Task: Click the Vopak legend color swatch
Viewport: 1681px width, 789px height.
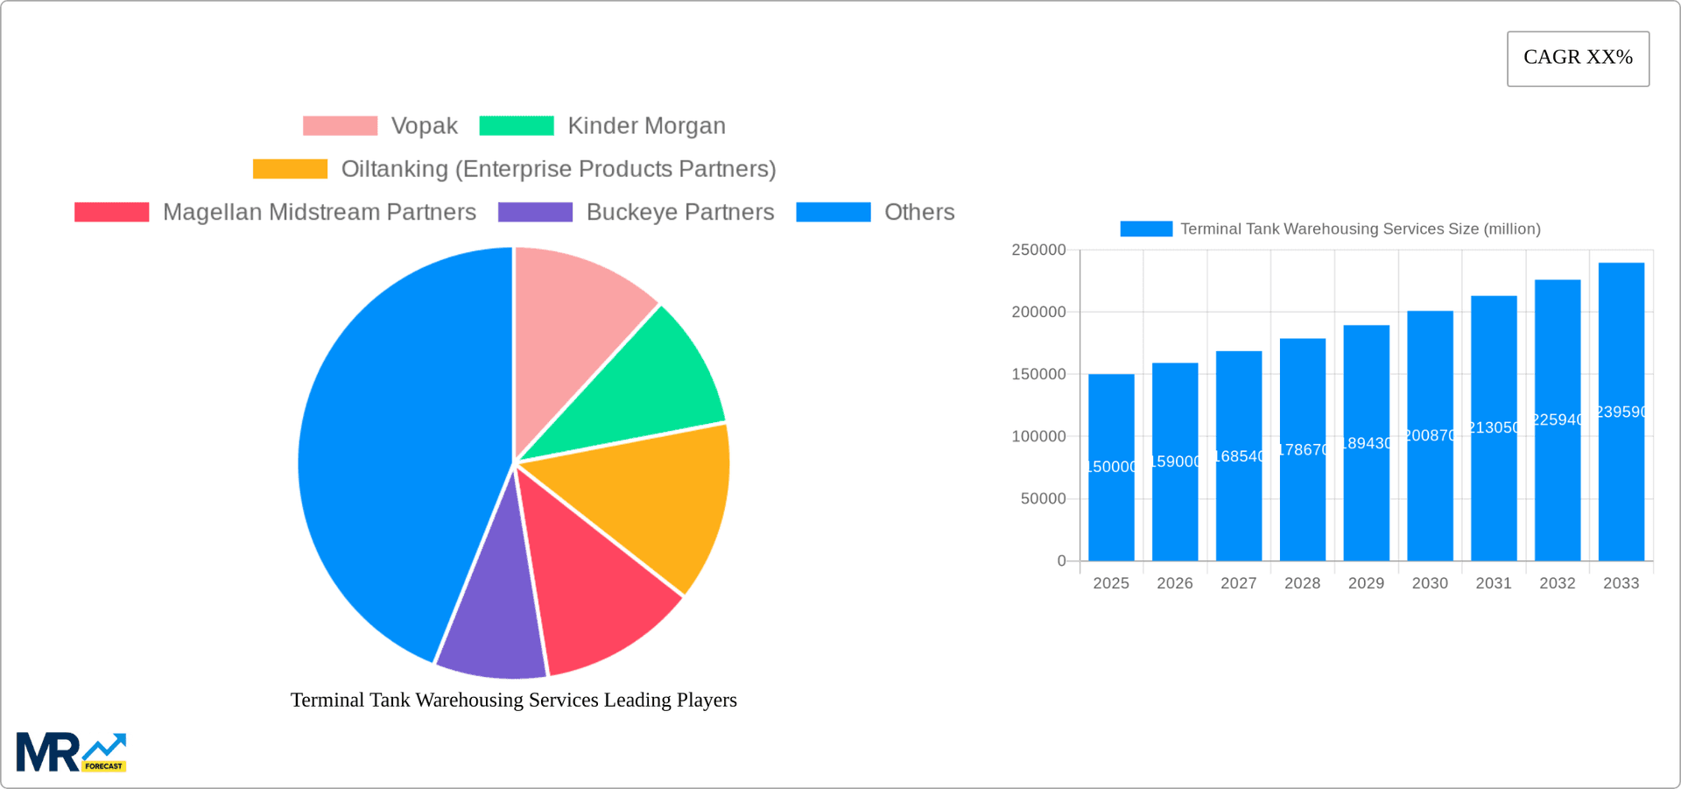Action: click(340, 126)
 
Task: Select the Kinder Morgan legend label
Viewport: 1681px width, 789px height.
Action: click(646, 126)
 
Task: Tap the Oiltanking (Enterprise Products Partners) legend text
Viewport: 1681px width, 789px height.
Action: click(558, 169)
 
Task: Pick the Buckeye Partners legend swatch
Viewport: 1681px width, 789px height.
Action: click(535, 212)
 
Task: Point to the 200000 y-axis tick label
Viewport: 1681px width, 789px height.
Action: click(1038, 312)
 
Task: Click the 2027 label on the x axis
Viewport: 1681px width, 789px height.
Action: click(1238, 583)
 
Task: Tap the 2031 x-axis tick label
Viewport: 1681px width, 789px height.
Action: click(1493, 583)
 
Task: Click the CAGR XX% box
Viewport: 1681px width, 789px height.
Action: click(1578, 59)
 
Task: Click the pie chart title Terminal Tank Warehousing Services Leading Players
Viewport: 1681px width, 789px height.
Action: click(514, 700)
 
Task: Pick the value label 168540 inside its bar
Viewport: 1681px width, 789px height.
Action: click(1238, 456)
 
